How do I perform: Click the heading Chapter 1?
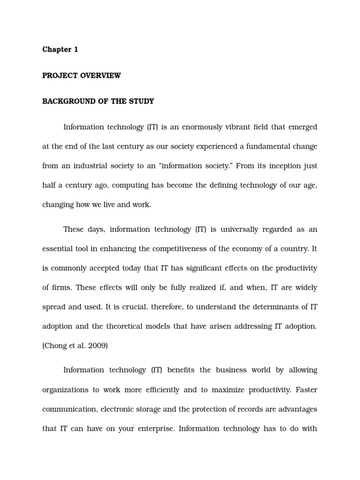point(60,50)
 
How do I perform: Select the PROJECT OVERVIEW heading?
point(82,75)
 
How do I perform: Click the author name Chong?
point(55,345)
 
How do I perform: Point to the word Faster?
point(307,390)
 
